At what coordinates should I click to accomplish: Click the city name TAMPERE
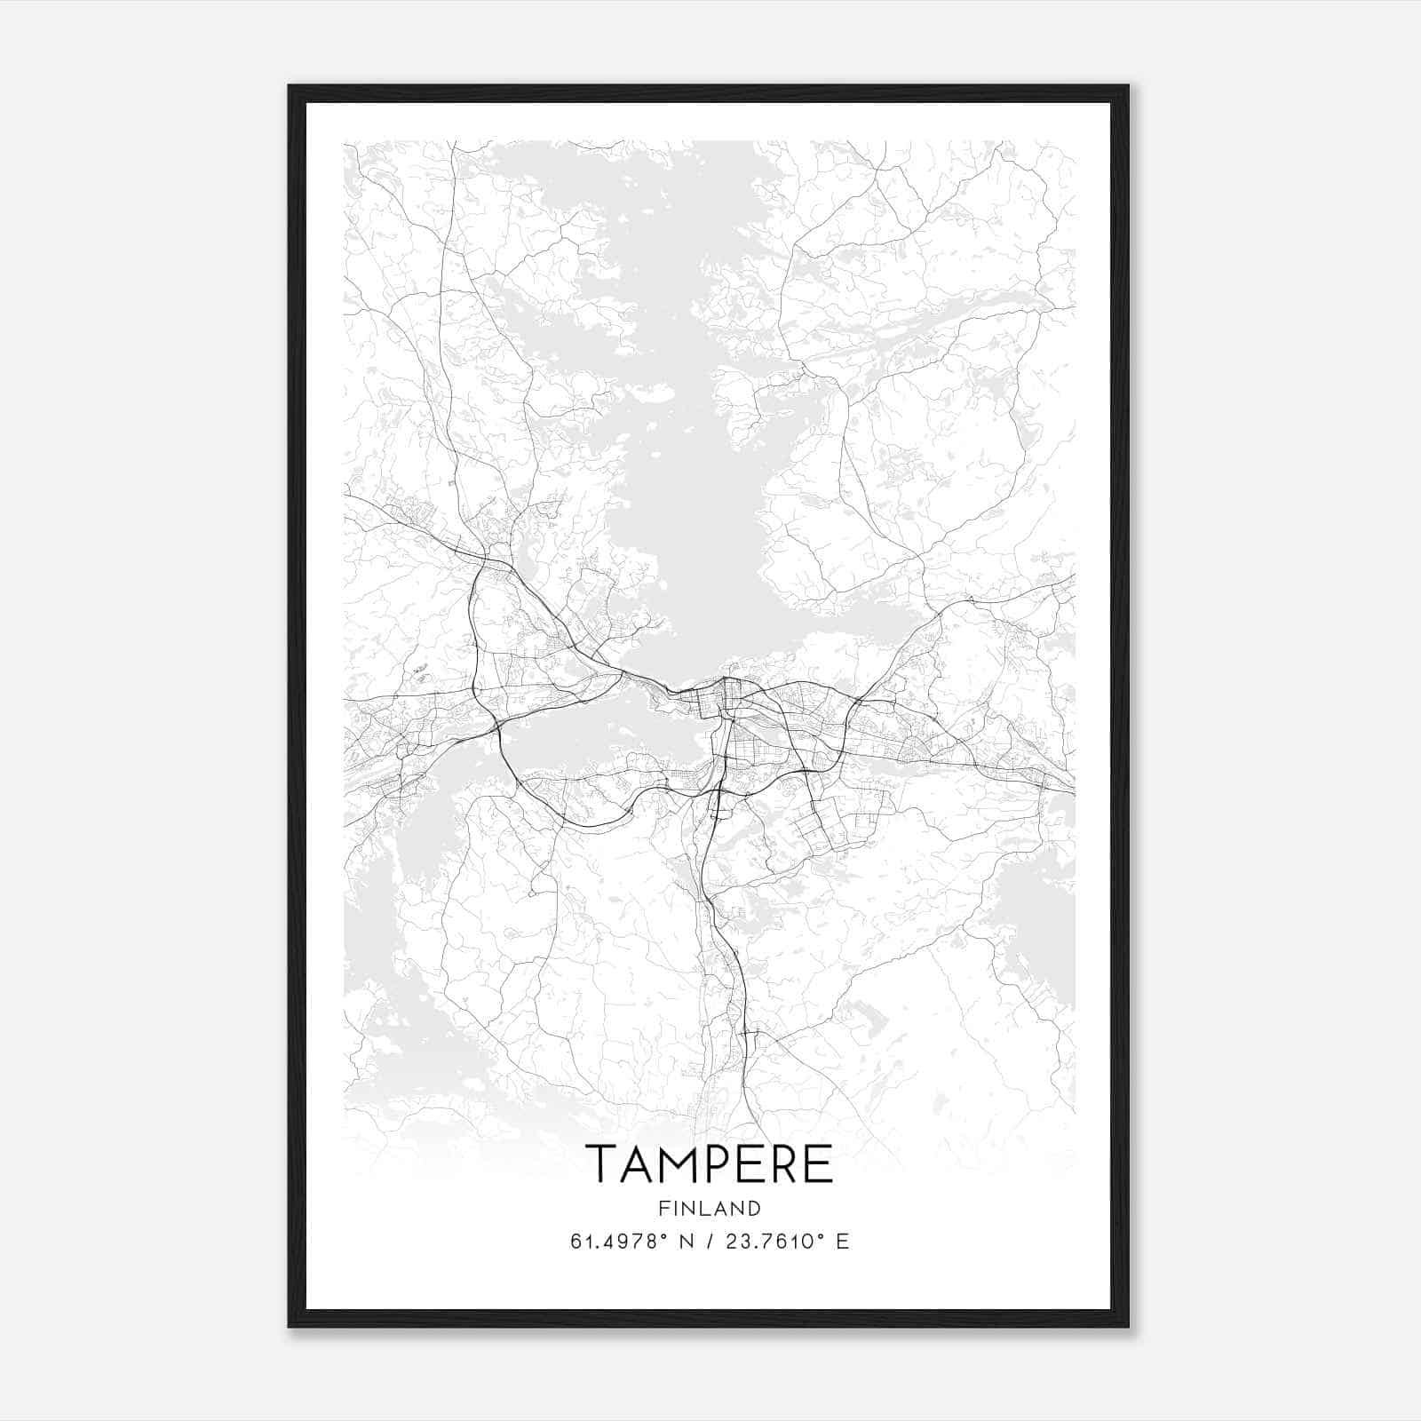pyautogui.click(x=709, y=1164)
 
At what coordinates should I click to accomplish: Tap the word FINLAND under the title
pyautogui.click(x=709, y=1208)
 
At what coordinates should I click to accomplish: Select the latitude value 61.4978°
pyautogui.click(x=619, y=1242)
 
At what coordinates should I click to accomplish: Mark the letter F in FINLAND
pyautogui.click(x=663, y=1208)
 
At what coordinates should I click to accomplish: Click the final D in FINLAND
pyautogui.click(x=755, y=1208)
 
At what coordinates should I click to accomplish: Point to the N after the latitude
pyautogui.click(x=684, y=1242)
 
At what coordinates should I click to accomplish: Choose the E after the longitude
pyautogui.click(x=843, y=1242)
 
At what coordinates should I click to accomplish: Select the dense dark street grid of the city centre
pyautogui.click(x=724, y=702)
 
